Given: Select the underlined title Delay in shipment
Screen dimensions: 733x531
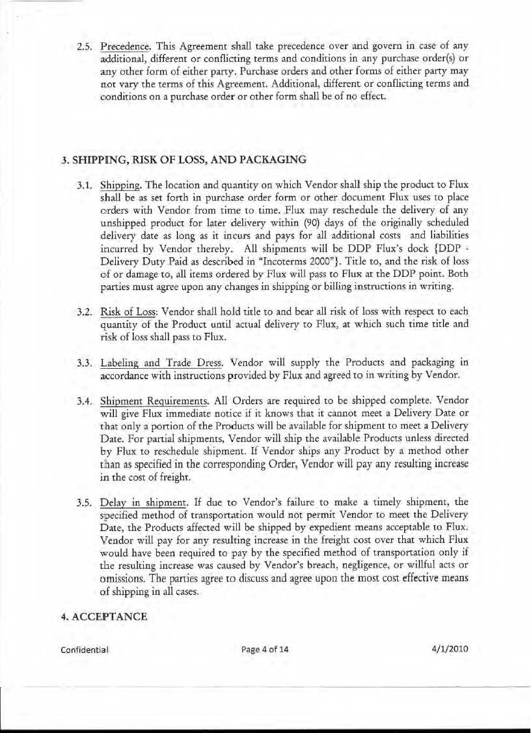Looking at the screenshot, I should tap(144, 502).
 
